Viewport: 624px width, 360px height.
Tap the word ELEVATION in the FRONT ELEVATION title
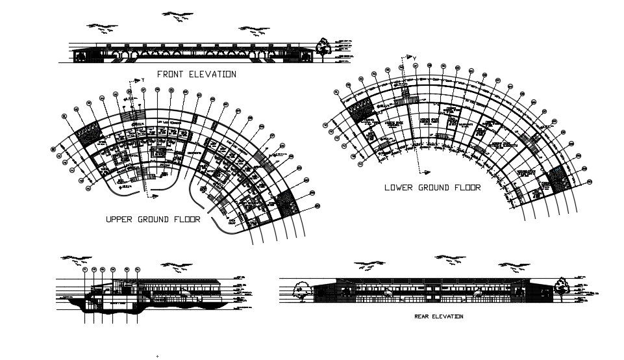point(212,74)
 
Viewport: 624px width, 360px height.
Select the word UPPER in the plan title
point(120,220)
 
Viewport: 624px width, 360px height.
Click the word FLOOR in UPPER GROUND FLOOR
point(185,220)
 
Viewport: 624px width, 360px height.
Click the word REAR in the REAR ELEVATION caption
point(423,316)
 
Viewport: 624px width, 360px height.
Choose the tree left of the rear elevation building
point(301,289)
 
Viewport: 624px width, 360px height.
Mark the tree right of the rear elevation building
point(560,286)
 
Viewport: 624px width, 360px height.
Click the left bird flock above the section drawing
point(74,259)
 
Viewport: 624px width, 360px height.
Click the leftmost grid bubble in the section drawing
point(84,269)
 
